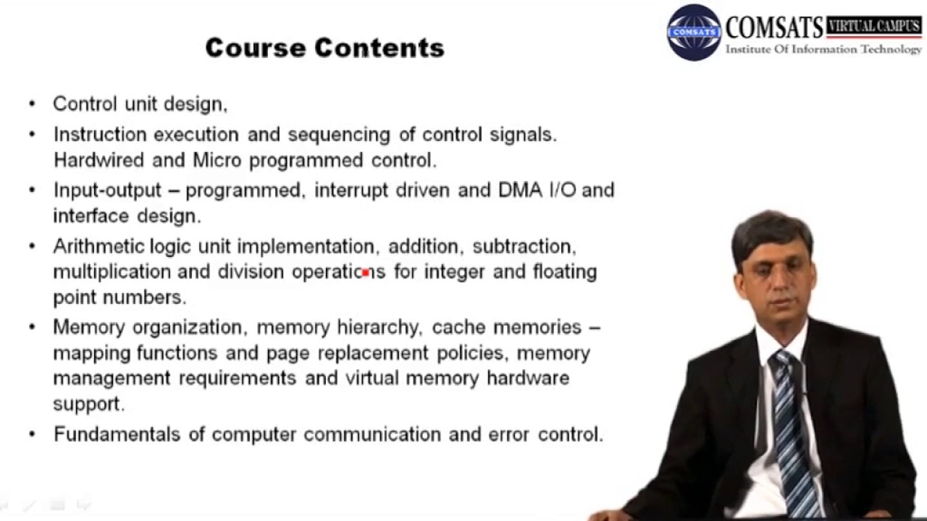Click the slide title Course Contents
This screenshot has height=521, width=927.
pyautogui.click(x=324, y=48)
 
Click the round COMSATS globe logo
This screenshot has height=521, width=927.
pyautogui.click(x=694, y=33)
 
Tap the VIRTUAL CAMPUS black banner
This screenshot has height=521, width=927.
pyautogui.click(x=874, y=26)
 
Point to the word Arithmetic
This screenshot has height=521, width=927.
pyautogui.click(x=98, y=247)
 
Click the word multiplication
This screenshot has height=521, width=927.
pyautogui.click(x=112, y=272)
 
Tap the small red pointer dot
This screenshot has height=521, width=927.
pyautogui.click(x=366, y=273)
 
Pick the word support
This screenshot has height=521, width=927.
pyautogui.click(x=88, y=404)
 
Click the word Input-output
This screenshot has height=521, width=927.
pyautogui.click(x=107, y=190)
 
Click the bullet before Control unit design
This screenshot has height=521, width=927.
pyautogui.click(x=32, y=104)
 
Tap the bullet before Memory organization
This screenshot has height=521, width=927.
pyautogui.click(x=32, y=327)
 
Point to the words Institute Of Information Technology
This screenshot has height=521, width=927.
pyautogui.click(x=823, y=50)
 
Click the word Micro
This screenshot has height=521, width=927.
pyautogui.click(x=217, y=160)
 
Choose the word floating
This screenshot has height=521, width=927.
pyautogui.click(x=564, y=272)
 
